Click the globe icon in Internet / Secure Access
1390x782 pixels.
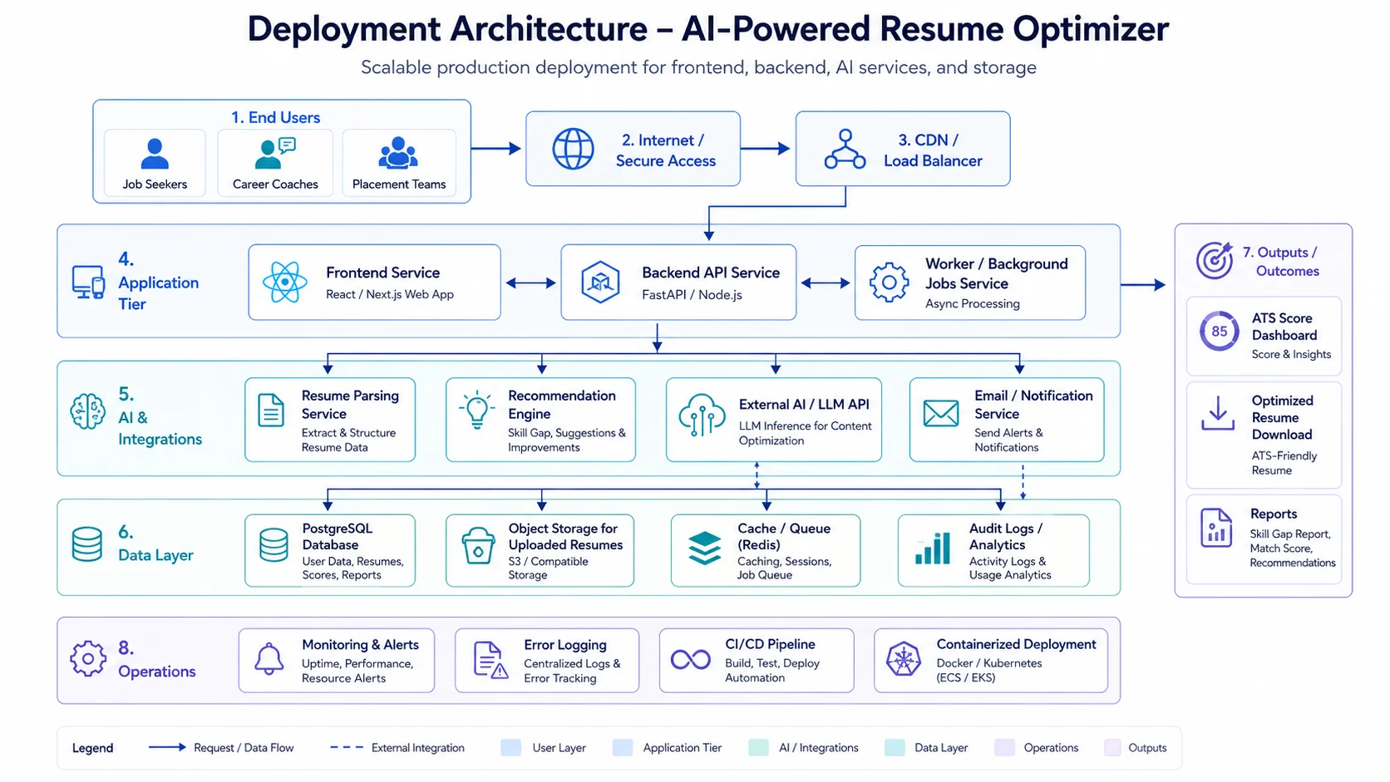tap(573, 149)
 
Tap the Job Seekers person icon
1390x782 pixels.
tap(155, 154)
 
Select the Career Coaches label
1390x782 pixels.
tap(275, 184)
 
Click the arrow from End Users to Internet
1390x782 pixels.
tap(495, 148)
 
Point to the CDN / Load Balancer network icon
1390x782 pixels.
tap(845, 149)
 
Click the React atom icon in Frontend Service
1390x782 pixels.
tap(285, 282)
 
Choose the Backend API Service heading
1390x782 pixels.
tap(711, 273)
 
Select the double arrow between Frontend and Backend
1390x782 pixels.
tap(530, 283)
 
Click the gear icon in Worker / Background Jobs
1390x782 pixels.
tap(889, 283)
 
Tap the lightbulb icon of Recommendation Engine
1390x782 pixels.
tap(476, 410)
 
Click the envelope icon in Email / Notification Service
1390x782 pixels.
tap(941, 413)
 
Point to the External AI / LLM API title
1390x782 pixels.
tap(804, 405)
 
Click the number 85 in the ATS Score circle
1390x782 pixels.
tap(1220, 331)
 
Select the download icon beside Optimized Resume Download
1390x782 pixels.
tap(1217, 413)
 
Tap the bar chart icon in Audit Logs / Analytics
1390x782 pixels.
tap(932, 548)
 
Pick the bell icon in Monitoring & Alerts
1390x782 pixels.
tap(269, 658)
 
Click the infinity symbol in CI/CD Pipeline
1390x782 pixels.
tap(691, 659)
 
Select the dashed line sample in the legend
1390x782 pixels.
tap(347, 747)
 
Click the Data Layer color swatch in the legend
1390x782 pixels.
tap(895, 747)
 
